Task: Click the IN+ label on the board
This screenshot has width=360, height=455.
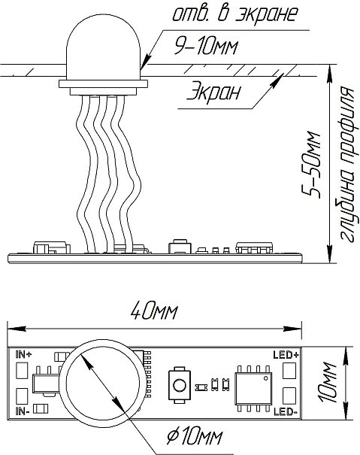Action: (x=24, y=354)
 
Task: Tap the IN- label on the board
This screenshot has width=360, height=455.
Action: (x=23, y=411)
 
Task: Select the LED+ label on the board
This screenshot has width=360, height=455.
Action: (x=286, y=354)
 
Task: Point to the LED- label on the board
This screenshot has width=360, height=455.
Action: (x=286, y=412)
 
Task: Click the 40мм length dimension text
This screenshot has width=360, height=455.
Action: (x=153, y=311)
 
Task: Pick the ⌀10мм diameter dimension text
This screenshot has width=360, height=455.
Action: (x=195, y=435)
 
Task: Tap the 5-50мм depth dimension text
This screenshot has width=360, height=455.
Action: (x=311, y=165)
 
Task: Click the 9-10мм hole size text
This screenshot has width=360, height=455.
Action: (x=206, y=47)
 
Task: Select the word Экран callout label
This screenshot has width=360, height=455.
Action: (x=213, y=92)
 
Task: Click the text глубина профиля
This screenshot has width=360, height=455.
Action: (x=349, y=164)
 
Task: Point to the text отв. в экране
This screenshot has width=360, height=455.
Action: (x=235, y=14)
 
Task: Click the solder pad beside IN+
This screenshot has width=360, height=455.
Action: (x=22, y=370)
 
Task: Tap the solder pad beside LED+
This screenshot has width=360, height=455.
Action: (x=289, y=370)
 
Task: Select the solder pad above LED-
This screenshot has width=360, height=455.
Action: (x=289, y=396)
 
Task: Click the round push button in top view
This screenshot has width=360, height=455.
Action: (x=180, y=385)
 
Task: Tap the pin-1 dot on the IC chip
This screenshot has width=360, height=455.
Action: (x=265, y=378)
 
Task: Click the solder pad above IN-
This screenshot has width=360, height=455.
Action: (x=22, y=396)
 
